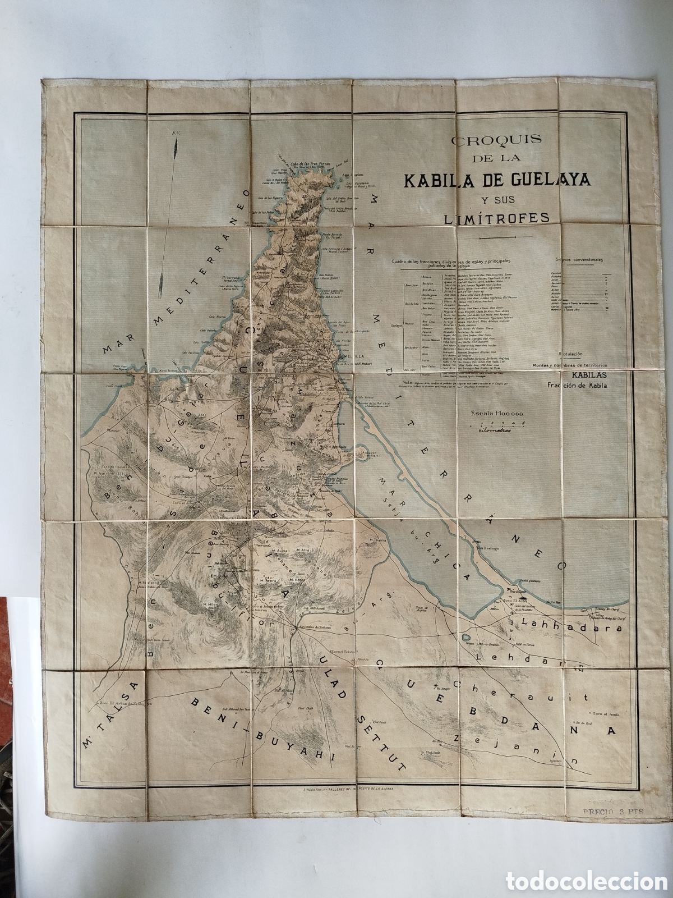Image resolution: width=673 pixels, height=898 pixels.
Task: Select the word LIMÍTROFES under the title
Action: [x=489, y=218]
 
